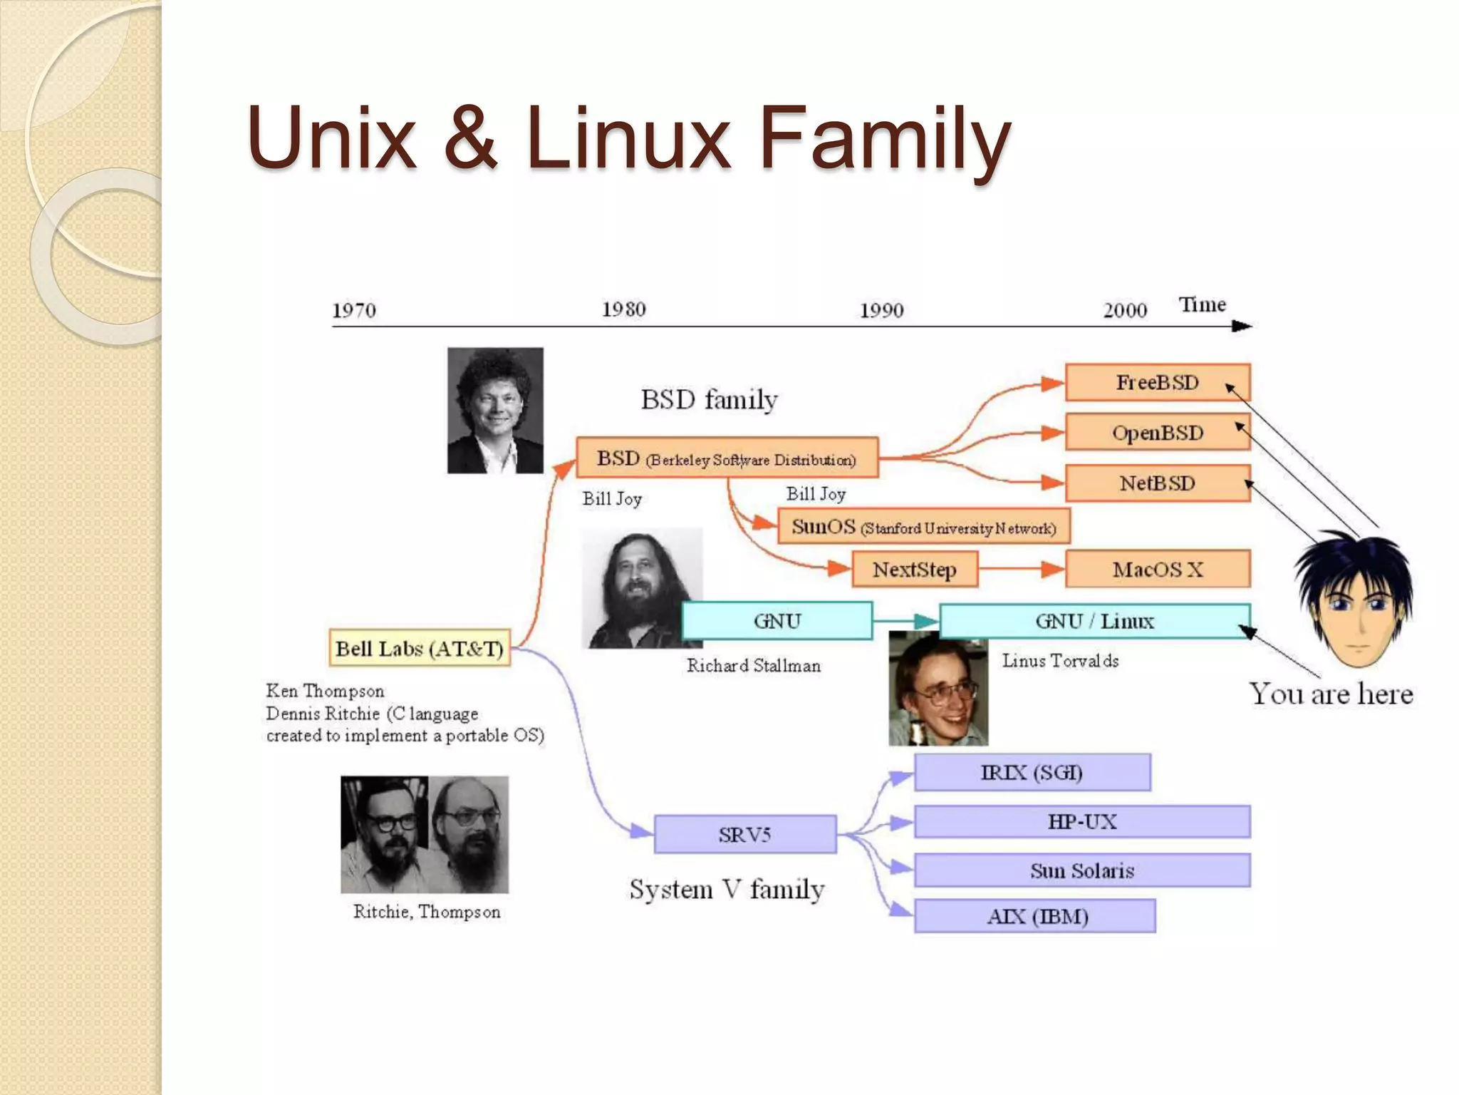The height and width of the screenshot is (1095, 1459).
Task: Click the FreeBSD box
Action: [1157, 383]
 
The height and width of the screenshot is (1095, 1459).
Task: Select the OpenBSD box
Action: [1157, 433]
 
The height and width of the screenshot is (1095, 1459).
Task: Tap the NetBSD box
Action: [1157, 483]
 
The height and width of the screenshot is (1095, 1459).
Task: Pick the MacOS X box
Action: [1157, 569]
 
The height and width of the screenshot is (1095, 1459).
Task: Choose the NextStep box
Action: [915, 569]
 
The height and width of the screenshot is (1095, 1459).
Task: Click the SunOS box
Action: [923, 527]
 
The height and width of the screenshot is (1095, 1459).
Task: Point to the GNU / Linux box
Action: [1094, 621]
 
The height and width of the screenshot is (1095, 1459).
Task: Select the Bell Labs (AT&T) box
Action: [420, 648]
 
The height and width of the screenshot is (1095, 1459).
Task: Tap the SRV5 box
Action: [744, 834]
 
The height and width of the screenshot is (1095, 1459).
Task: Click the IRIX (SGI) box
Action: [1032, 772]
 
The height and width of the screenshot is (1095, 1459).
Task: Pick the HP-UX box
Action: [1081, 821]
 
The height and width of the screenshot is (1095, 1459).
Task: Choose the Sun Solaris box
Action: [1081, 870]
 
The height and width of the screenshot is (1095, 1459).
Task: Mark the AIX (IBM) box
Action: [1036, 916]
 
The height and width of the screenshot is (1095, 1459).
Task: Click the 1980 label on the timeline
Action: [623, 309]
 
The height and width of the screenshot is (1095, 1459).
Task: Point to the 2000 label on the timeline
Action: [1125, 310]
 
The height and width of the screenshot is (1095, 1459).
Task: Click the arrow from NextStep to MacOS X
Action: [1022, 569]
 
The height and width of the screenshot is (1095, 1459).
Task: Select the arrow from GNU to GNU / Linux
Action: [906, 621]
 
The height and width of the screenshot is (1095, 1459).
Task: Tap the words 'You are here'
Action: [1331, 694]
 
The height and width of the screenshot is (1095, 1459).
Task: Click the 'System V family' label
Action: [727, 890]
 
